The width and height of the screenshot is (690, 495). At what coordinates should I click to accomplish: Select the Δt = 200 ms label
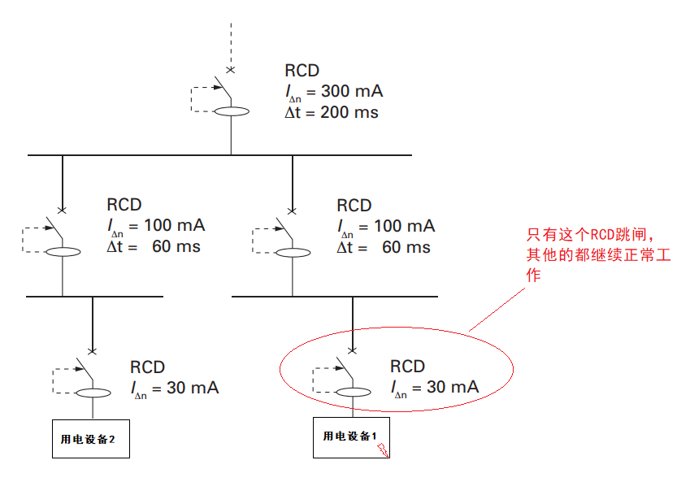coord(332,113)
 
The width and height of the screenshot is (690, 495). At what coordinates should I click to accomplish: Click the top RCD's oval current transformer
coord(231,112)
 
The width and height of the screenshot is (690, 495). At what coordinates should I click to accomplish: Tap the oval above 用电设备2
coord(92,393)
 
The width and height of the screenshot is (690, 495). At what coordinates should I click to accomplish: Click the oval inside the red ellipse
coord(352,393)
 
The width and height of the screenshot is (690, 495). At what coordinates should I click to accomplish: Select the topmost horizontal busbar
coord(219,154)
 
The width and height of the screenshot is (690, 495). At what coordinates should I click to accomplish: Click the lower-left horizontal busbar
coord(93,297)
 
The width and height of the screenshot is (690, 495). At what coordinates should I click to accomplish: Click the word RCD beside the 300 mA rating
coord(302,71)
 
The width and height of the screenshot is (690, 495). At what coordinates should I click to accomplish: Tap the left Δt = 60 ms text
coord(154,246)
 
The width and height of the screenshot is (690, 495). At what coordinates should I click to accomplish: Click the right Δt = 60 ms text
coord(384,246)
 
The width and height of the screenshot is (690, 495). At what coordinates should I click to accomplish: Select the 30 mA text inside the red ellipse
coord(435,388)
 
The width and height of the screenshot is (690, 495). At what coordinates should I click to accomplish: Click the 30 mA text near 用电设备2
coord(175,389)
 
